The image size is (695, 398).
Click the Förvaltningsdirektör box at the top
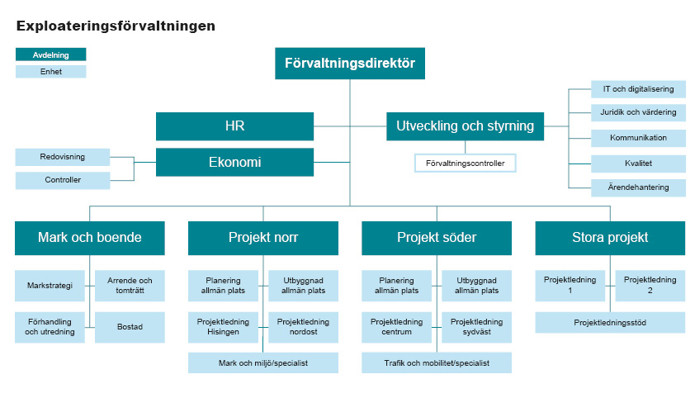[349, 63]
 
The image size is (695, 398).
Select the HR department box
[234, 126]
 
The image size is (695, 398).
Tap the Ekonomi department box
[234, 162]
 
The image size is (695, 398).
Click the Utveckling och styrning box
[465, 126]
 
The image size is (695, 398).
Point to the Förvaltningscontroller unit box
[465, 163]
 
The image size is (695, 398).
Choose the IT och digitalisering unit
[638, 89]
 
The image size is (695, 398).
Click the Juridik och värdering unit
[638, 113]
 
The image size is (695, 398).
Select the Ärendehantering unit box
[638, 187]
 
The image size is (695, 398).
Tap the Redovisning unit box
[62, 156]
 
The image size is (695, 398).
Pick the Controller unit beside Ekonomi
[62, 180]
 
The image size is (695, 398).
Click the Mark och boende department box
[90, 238]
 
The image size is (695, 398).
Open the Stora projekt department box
[610, 238]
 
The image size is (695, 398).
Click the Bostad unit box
[130, 327]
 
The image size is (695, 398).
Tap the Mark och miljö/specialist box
[263, 362]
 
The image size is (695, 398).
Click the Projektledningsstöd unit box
[610, 322]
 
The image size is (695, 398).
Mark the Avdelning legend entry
[50, 54]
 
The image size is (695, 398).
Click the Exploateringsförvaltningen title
[116, 26]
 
